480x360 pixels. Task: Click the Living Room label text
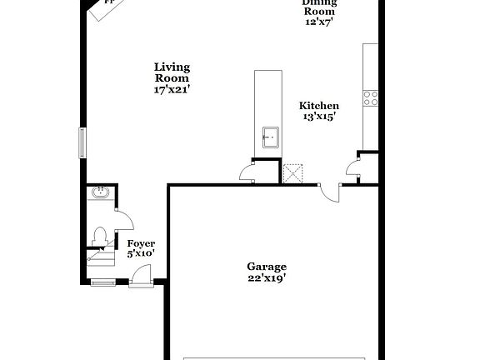tap(172, 72)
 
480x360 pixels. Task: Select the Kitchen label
tap(319, 106)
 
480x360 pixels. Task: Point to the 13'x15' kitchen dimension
tap(319, 117)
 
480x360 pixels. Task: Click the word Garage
tap(266, 267)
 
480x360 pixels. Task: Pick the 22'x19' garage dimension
tap(266, 277)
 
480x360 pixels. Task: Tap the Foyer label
tap(141, 243)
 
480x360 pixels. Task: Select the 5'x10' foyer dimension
tap(141, 253)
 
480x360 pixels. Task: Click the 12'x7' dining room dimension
tap(319, 22)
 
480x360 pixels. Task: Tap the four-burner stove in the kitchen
tap(370, 98)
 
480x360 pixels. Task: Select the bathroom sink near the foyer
tap(100, 192)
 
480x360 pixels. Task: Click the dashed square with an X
tap(292, 172)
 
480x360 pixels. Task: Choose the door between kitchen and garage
tap(331, 192)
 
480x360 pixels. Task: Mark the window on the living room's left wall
tap(82, 142)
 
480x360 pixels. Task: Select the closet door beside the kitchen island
tap(247, 172)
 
